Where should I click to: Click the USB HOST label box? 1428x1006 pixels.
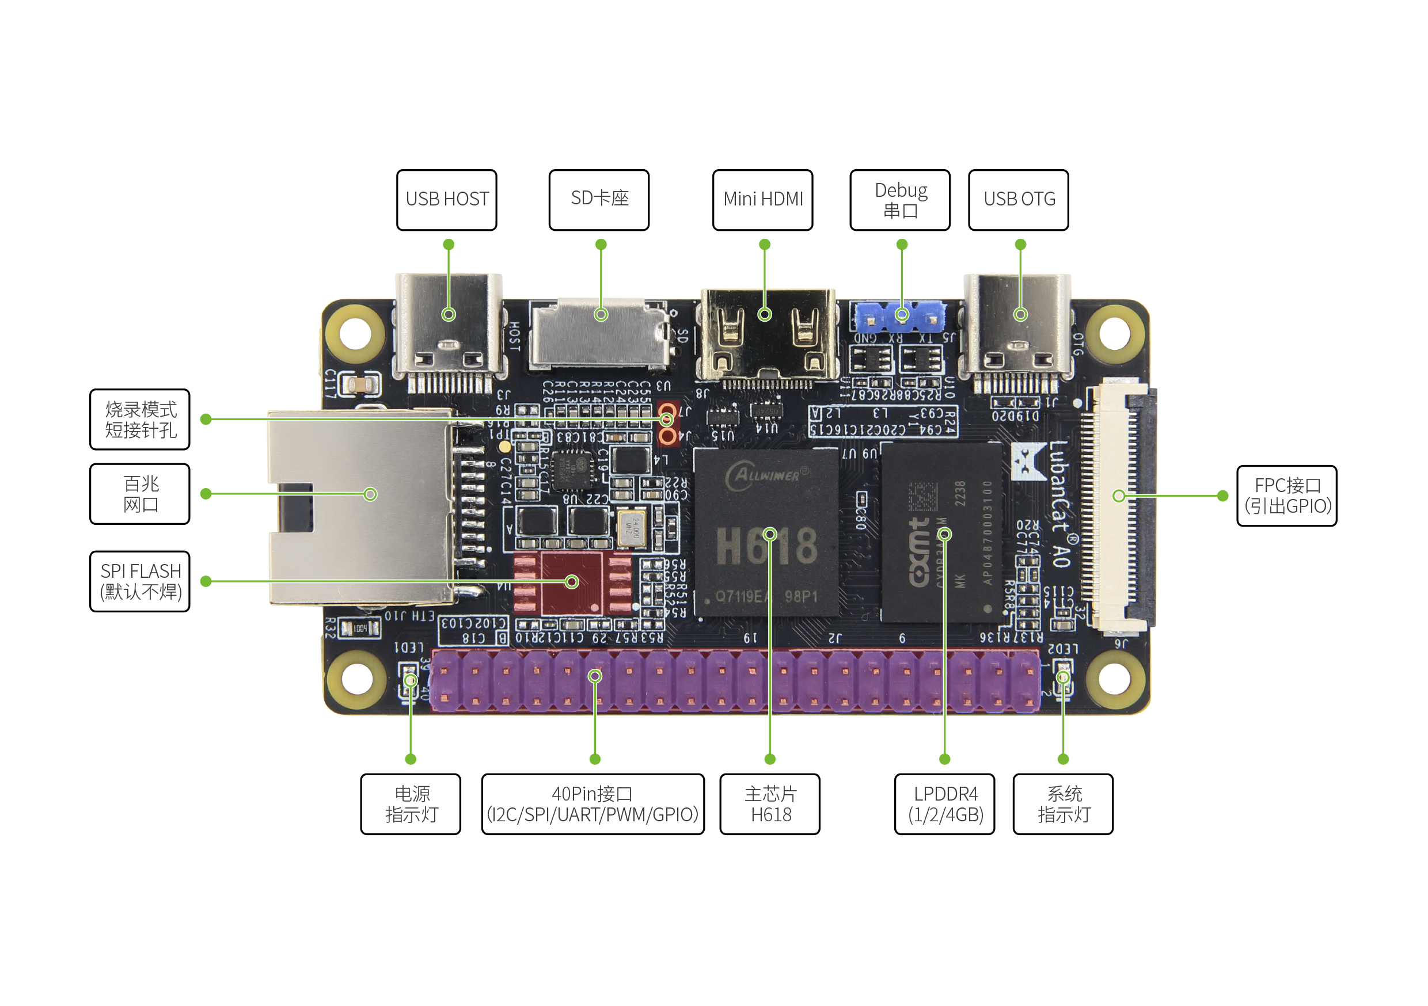(447, 200)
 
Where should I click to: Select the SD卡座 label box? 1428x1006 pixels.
(599, 200)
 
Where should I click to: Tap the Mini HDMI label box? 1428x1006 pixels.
(762, 200)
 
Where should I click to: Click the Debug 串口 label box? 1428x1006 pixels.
(900, 200)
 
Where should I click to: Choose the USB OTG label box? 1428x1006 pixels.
(1019, 200)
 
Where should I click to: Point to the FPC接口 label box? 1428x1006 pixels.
(1287, 496)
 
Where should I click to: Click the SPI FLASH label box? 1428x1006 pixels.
(140, 581)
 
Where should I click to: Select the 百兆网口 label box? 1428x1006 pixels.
(140, 494)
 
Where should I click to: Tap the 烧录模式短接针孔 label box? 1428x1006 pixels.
(140, 419)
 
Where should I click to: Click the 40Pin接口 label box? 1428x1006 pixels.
(593, 804)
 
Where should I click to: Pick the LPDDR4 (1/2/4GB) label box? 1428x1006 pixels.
(945, 804)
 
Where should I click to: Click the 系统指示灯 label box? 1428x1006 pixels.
(1063, 804)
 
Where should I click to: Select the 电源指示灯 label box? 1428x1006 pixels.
(411, 804)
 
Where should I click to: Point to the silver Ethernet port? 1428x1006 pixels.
(360, 506)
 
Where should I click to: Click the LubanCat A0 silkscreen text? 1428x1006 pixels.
(1060, 504)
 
